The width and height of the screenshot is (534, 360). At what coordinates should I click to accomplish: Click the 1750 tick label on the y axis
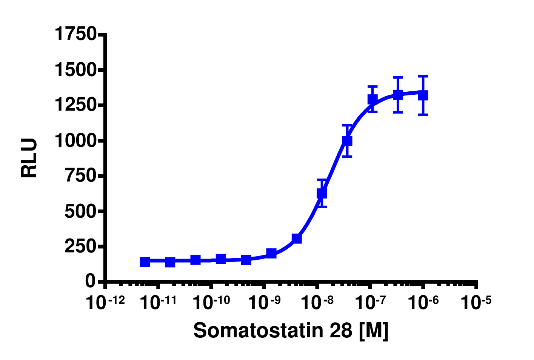(75, 34)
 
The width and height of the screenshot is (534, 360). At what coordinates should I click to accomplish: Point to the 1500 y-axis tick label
(75, 70)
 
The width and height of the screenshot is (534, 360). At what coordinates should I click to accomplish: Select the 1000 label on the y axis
(75, 141)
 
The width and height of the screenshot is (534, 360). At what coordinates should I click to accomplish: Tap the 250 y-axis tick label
(80, 247)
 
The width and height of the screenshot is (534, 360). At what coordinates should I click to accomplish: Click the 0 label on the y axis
(90, 281)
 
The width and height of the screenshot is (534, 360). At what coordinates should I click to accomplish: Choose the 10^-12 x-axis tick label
(105, 302)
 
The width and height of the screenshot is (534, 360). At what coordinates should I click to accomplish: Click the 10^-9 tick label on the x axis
(265, 302)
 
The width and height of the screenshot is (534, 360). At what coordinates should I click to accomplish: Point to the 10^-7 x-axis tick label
(370, 302)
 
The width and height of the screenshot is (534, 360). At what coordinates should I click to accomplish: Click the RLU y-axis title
(29, 158)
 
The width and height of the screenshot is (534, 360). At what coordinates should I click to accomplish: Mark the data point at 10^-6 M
(423, 95)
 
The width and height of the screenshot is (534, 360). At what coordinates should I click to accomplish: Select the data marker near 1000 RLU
(347, 141)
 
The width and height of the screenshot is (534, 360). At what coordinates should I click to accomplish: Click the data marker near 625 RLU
(322, 193)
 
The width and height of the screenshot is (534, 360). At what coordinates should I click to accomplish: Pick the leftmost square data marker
(145, 262)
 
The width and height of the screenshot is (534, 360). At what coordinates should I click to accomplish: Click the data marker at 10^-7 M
(372, 99)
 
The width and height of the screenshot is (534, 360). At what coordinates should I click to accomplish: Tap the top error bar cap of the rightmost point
(423, 76)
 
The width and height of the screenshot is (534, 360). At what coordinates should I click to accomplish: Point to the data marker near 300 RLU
(297, 238)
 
